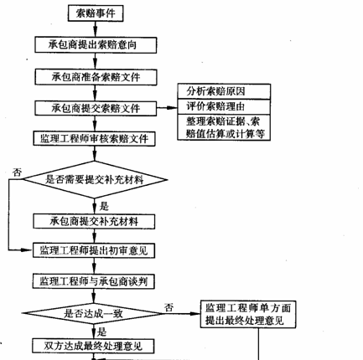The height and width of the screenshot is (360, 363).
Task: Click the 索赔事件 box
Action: coord(96,13)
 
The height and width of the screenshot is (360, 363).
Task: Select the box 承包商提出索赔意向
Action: coord(96,45)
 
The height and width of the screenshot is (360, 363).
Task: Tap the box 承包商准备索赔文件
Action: coord(96,77)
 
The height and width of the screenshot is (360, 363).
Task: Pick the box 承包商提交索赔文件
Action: coord(96,108)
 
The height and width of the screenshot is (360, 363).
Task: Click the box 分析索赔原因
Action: coord(224,91)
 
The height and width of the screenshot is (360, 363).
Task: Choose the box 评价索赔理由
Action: coord(224,106)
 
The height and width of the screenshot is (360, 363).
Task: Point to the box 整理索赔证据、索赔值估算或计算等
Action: coord(224,127)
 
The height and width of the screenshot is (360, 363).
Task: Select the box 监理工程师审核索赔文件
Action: coord(94,138)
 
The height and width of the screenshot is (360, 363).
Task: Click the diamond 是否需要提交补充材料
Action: coord(95,179)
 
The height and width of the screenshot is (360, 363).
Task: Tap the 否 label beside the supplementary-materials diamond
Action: coord(17,172)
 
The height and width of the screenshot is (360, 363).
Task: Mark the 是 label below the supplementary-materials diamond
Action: coord(104,207)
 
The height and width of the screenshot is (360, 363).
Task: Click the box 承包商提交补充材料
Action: coord(94,222)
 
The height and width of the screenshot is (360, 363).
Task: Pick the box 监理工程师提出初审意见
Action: coord(94,250)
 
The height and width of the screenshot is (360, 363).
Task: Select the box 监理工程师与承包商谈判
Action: coord(94,281)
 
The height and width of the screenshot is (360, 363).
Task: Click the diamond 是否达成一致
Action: coord(93,313)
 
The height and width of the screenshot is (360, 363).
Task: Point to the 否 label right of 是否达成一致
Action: coord(169,307)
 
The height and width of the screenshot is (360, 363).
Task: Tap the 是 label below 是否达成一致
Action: coord(102,332)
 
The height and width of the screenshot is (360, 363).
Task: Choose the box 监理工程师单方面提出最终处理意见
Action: coord(248,314)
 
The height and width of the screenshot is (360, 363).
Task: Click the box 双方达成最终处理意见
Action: coord(93,346)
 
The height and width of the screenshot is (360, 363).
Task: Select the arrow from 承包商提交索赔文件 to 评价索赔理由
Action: coord(167,108)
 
